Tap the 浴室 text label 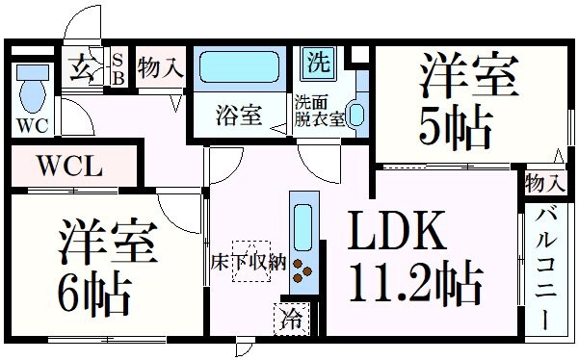click(x=238, y=116)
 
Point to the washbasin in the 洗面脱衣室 click(x=355, y=115)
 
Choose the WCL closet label click(x=69, y=166)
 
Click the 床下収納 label click(x=249, y=260)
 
